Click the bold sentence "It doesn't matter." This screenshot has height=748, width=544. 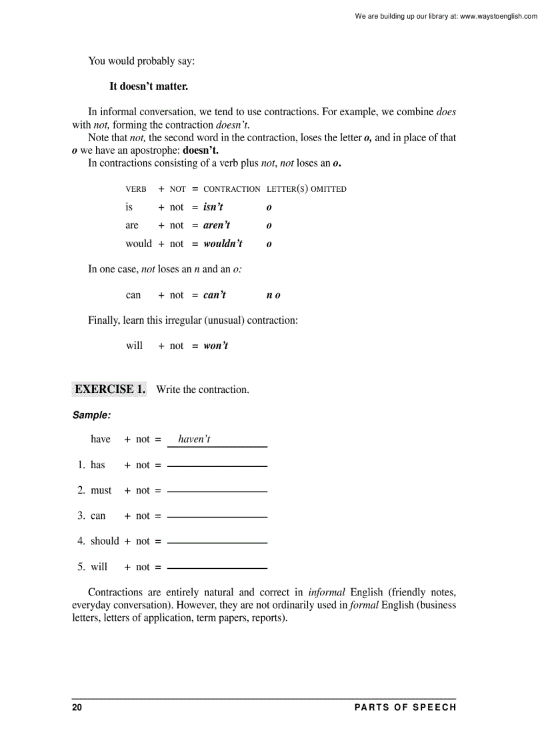tap(149, 87)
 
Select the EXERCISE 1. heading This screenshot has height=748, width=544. tap(109, 390)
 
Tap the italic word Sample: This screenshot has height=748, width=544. tap(91, 416)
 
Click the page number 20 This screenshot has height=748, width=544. tap(77, 707)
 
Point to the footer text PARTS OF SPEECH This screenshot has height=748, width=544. tap(405, 707)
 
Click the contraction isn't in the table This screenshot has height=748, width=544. tap(213, 207)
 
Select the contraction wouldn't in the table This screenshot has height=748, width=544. tap(223, 244)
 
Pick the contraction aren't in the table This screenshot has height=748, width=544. tap(217, 225)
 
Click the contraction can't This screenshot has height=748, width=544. tap(215, 295)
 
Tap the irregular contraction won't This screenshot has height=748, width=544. tap(215, 346)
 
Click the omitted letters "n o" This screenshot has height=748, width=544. tap(273, 295)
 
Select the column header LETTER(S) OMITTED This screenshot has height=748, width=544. tap(307, 189)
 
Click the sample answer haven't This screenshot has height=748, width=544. tap(194, 440)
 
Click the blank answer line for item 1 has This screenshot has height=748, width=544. tap(217, 466)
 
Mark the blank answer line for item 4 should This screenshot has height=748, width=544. tap(217, 542)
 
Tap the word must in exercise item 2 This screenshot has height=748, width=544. tap(101, 491)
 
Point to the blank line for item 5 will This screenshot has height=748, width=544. tap(217, 567)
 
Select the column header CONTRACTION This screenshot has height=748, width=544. tap(232, 189)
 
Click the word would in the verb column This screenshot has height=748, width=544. tap(139, 244)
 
